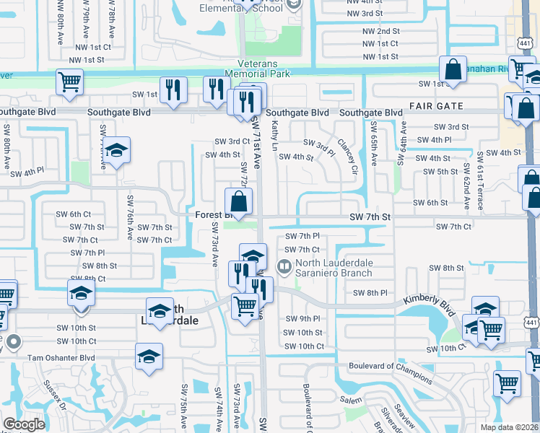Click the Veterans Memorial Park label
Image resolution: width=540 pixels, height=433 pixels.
click(x=257, y=68)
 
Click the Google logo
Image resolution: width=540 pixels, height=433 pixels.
click(x=24, y=424)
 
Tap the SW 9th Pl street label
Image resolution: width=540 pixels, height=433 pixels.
click(x=302, y=318)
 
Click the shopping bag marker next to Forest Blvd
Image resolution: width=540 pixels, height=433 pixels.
click(x=238, y=201)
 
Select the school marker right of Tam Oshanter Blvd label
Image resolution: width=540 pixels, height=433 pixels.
click(x=149, y=357)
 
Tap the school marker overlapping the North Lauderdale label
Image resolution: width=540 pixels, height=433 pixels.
click(x=160, y=311)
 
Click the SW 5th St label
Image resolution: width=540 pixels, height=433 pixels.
click(x=440, y=171)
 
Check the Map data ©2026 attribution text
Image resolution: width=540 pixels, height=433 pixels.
click(x=510, y=427)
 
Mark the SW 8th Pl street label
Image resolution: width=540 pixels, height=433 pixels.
click(x=370, y=292)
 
